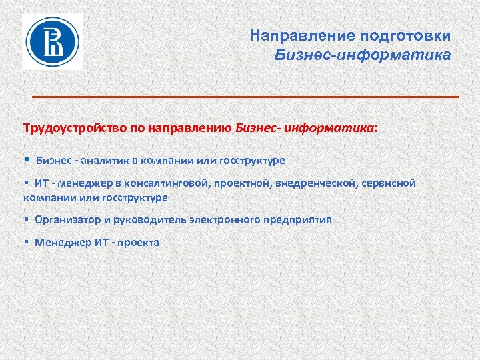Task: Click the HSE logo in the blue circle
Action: (53, 41)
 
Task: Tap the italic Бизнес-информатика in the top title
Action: (363, 53)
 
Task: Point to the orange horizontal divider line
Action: (246, 97)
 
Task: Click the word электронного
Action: (230, 219)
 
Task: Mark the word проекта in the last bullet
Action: (139, 242)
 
